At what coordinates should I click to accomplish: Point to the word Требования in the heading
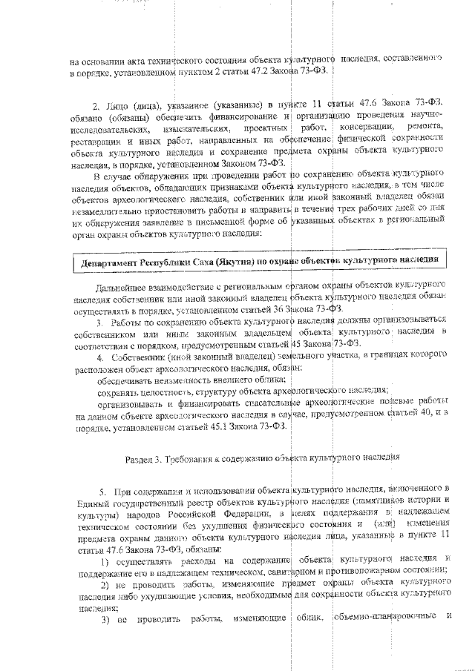[x=193, y=457]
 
